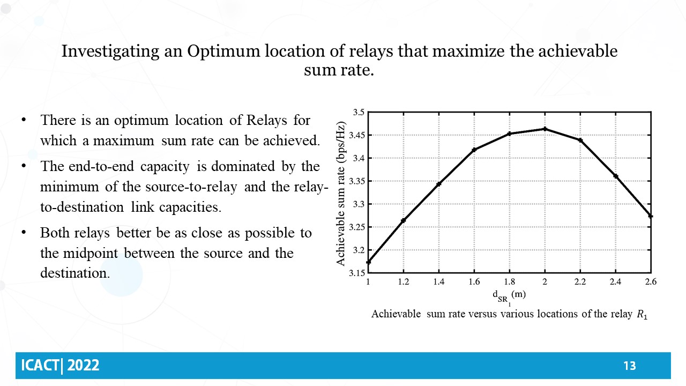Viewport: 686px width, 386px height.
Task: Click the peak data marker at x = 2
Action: (545, 129)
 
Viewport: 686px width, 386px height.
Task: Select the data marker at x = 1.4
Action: (438, 184)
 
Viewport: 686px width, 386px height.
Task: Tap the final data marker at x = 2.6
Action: (651, 216)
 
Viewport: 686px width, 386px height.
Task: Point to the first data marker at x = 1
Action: (368, 262)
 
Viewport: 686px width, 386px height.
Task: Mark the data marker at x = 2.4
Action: (616, 176)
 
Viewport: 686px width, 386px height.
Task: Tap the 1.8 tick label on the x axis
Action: (510, 281)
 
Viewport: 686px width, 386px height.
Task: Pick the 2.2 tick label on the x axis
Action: (580, 281)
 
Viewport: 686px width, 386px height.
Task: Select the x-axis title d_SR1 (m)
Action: (509, 295)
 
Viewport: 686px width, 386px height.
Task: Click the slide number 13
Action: (630, 366)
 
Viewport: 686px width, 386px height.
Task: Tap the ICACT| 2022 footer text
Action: (60, 366)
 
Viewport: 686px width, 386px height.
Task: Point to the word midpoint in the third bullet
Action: (96, 253)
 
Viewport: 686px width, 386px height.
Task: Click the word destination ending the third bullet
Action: (73, 272)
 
